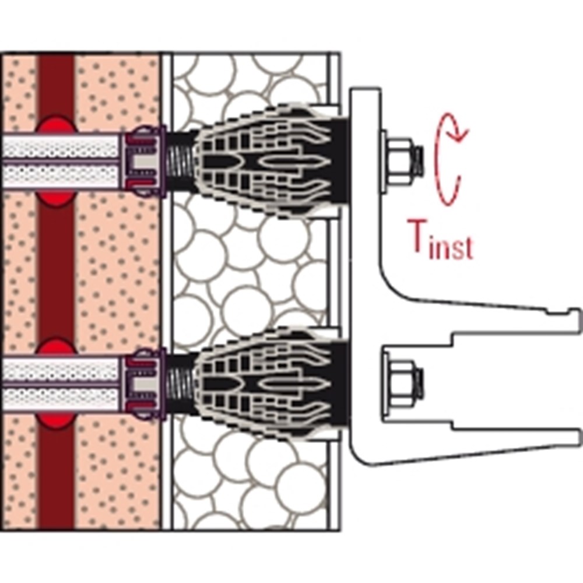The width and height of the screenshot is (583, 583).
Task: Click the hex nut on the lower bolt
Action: tap(401, 382)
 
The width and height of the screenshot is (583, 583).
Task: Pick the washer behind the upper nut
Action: tap(385, 158)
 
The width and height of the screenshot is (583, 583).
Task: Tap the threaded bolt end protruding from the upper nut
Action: tap(419, 158)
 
